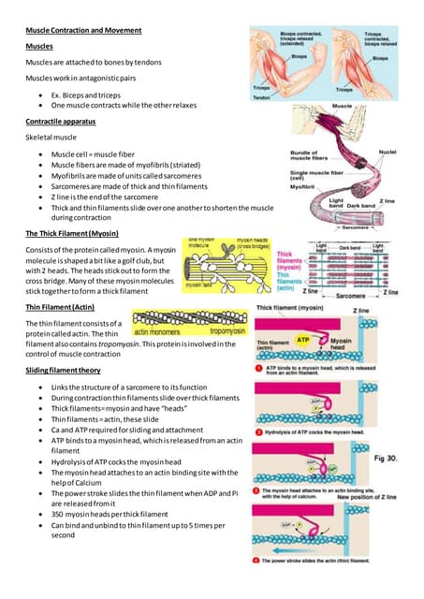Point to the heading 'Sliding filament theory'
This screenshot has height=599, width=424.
tap(64, 372)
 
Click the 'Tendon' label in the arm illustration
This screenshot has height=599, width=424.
tap(264, 96)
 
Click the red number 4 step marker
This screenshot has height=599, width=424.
tap(258, 560)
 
